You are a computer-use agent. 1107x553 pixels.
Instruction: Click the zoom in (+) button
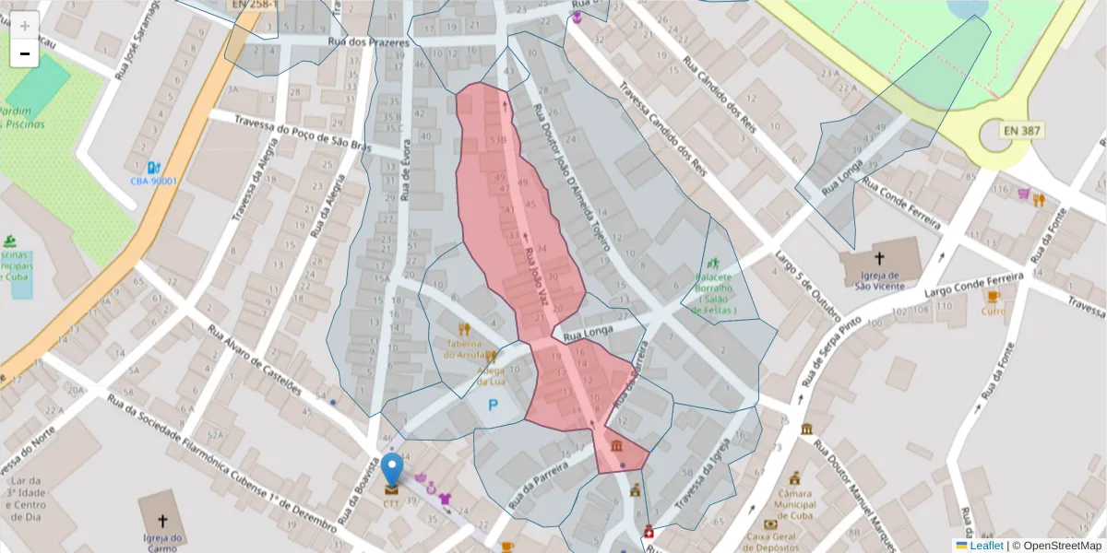(x=24, y=25)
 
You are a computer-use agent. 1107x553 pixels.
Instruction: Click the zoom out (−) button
(x=24, y=53)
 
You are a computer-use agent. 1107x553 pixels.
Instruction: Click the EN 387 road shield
(x=1022, y=131)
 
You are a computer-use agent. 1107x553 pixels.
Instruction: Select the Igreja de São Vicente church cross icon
(x=879, y=258)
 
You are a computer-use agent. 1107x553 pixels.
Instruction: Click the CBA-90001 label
(x=152, y=182)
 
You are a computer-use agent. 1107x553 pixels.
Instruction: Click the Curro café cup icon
(x=993, y=296)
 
